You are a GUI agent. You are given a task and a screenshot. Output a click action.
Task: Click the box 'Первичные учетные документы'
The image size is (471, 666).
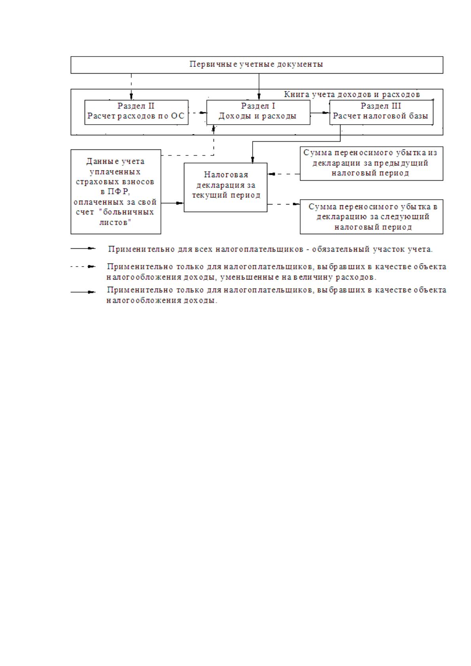tap(257, 65)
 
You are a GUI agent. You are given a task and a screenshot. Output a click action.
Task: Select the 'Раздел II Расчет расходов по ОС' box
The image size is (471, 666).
tap(136, 112)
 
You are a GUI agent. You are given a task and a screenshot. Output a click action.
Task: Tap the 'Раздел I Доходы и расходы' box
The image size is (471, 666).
tap(258, 112)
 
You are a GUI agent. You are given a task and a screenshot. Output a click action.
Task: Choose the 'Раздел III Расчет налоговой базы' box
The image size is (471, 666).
tap(381, 112)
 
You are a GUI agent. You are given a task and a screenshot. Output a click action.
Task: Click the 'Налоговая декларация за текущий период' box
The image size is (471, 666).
tap(225, 187)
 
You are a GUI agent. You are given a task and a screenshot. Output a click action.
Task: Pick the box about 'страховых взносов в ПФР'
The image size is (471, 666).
tap(115, 192)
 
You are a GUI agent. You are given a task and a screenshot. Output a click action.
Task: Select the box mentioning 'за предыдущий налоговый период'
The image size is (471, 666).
tap(371, 163)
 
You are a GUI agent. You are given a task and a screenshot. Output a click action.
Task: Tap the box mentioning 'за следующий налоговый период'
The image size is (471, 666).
tap(371, 217)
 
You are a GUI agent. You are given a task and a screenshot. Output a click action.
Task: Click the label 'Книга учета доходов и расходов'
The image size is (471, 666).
tap(352, 95)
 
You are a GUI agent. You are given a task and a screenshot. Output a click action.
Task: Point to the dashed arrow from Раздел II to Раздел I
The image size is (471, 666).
tap(197, 113)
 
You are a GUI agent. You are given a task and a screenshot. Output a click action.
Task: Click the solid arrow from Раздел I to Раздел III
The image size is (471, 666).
tap(320, 113)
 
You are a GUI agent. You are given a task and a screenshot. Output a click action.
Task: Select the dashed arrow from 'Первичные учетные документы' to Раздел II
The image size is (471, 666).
tap(131, 87)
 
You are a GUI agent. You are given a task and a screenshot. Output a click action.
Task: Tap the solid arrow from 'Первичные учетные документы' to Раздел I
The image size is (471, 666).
tap(259, 87)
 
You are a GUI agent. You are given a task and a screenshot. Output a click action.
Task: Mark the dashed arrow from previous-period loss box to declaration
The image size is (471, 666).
tap(284, 174)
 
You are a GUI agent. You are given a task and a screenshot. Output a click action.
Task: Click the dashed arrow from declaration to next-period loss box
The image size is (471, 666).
tap(284, 204)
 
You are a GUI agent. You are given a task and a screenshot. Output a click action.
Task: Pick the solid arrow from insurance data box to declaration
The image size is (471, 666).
tap(172, 203)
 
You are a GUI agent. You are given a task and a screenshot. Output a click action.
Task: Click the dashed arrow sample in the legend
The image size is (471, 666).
tap(83, 267)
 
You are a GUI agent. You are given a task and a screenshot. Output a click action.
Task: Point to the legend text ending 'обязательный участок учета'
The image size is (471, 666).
tap(270, 249)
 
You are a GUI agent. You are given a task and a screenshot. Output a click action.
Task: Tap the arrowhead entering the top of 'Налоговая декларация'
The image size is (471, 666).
tap(253, 160)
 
